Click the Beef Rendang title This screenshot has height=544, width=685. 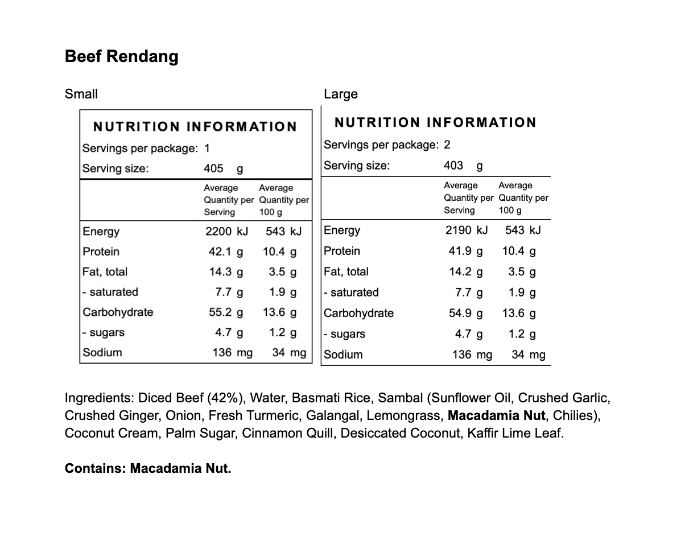pos(122,57)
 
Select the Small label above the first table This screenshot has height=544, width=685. pos(81,94)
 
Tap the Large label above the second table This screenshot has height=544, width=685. pos(341,94)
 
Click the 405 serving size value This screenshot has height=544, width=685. pos(213,168)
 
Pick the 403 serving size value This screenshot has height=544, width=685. pos(453,166)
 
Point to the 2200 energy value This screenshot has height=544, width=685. pos(218,232)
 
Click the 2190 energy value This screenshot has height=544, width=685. pos(459,230)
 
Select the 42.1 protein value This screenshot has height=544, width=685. pos(220,252)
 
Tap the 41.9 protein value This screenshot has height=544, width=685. pos(460,251)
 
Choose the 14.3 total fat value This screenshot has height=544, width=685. pos(220,272)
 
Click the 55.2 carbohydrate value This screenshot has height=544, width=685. pos(220,312)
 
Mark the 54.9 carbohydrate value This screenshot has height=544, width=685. pos(460,313)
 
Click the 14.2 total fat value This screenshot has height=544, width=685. pos(460,271)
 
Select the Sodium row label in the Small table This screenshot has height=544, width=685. pos(102,352)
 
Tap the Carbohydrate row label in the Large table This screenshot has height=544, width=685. pos(359,313)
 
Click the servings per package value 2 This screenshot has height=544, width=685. pos(447,145)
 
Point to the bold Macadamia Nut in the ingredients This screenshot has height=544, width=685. pos(497,416)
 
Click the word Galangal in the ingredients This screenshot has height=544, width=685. pos(333,416)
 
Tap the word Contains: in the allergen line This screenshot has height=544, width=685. pos(96,468)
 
